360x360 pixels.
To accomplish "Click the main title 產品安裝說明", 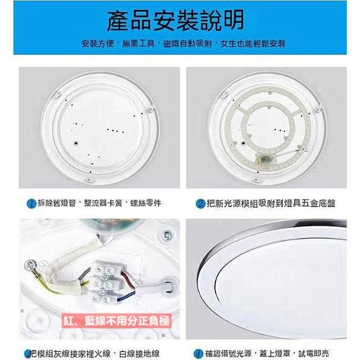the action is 175,21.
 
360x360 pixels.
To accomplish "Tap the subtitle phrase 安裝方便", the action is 98,43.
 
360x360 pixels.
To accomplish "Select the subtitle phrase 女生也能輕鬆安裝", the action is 253,43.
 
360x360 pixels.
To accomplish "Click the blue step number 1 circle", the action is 31,204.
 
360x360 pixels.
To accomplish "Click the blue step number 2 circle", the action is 200,204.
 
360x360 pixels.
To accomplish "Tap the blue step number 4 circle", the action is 198,354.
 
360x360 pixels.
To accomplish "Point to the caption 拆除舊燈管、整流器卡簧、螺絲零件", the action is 100,203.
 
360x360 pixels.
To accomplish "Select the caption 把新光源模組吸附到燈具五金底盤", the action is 271,204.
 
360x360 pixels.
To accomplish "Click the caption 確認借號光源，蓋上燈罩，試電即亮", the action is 267,354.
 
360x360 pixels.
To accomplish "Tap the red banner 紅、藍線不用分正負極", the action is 116,321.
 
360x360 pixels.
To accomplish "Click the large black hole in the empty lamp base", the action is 75,143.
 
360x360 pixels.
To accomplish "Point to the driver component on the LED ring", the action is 264,159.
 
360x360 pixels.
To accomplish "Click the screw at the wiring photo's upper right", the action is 167,236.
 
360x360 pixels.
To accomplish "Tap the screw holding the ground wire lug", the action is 30,265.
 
